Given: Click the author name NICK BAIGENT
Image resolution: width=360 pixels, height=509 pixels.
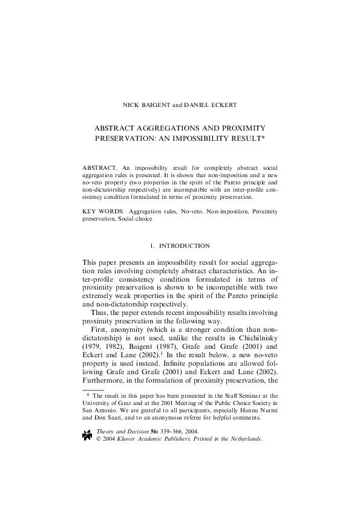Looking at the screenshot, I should pos(146,105).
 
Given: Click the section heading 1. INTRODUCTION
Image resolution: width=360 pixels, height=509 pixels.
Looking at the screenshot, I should pos(180,246).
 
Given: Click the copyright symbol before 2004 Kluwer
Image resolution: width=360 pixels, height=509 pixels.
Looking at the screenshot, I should pos(99,439).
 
